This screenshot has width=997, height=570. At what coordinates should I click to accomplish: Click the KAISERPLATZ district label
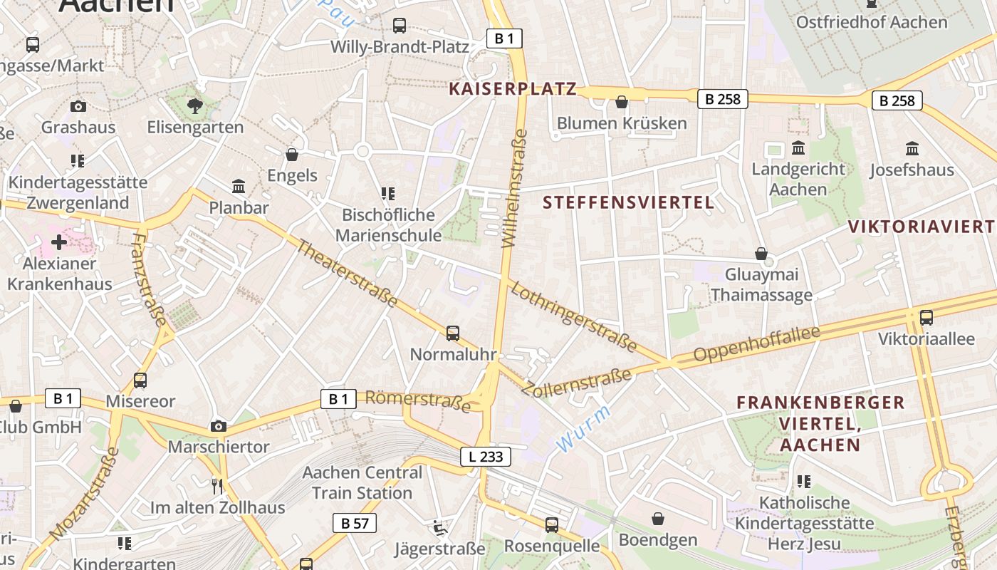(x=512, y=89)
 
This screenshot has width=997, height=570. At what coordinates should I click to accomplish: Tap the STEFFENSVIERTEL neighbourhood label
(x=628, y=202)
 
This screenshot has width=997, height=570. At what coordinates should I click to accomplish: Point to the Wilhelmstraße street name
(x=515, y=188)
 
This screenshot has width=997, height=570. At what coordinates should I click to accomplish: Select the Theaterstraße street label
(x=346, y=274)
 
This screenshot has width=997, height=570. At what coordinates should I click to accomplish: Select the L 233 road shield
(x=486, y=457)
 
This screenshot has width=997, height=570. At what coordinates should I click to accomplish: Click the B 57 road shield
(x=354, y=524)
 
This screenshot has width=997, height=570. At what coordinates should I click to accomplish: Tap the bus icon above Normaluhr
(x=453, y=333)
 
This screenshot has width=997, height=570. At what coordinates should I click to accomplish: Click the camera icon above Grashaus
(x=78, y=106)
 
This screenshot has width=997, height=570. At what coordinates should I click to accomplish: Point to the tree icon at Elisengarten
(x=195, y=106)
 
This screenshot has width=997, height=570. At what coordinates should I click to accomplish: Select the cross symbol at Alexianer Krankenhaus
(x=59, y=242)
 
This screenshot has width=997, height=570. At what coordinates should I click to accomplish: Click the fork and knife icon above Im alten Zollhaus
(x=218, y=486)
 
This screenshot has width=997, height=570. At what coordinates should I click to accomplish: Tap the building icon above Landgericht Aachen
(x=798, y=148)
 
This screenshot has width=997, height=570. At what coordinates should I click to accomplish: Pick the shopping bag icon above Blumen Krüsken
(x=622, y=102)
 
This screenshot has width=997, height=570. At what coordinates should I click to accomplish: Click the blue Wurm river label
(x=583, y=429)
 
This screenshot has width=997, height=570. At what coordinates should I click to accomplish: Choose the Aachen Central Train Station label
(x=362, y=482)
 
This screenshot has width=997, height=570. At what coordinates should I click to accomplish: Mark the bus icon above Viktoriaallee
(x=926, y=318)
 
